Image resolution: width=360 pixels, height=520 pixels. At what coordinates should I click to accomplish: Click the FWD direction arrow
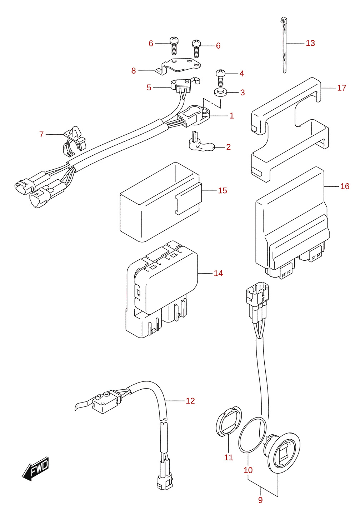tap(35, 469)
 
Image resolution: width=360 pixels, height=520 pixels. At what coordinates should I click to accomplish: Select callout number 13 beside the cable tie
tap(310, 43)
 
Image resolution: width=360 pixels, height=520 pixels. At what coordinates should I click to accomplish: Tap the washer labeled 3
tap(220, 92)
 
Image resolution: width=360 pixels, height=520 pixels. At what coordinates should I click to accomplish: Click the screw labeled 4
tap(221, 77)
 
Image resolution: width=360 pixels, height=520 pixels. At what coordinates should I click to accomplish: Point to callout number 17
tap(341, 88)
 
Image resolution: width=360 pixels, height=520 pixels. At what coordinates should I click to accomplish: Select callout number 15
tap(222, 191)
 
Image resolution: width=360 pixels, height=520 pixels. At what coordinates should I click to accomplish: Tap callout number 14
tap(218, 273)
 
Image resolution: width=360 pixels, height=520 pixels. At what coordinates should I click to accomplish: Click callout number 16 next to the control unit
tap(345, 186)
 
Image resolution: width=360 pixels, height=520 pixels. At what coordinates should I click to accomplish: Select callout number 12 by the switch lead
tap(190, 401)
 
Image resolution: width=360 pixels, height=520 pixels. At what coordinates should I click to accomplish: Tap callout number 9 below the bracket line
tap(260, 500)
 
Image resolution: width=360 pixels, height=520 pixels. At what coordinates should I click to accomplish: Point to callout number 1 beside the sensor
tap(231, 116)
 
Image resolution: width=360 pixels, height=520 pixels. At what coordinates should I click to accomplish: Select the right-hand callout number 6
tap(218, 46)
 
